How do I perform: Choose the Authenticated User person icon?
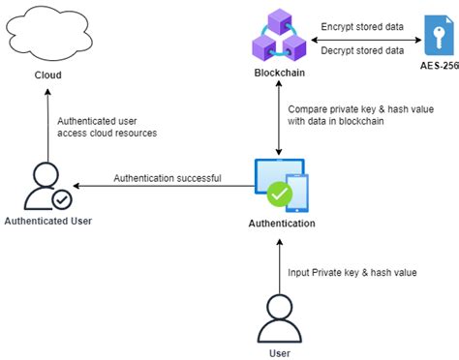tap(44, 187)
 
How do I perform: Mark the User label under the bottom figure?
tap(279, 353)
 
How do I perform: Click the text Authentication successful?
tap(167, 178)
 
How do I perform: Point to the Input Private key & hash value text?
tap(352, 272)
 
